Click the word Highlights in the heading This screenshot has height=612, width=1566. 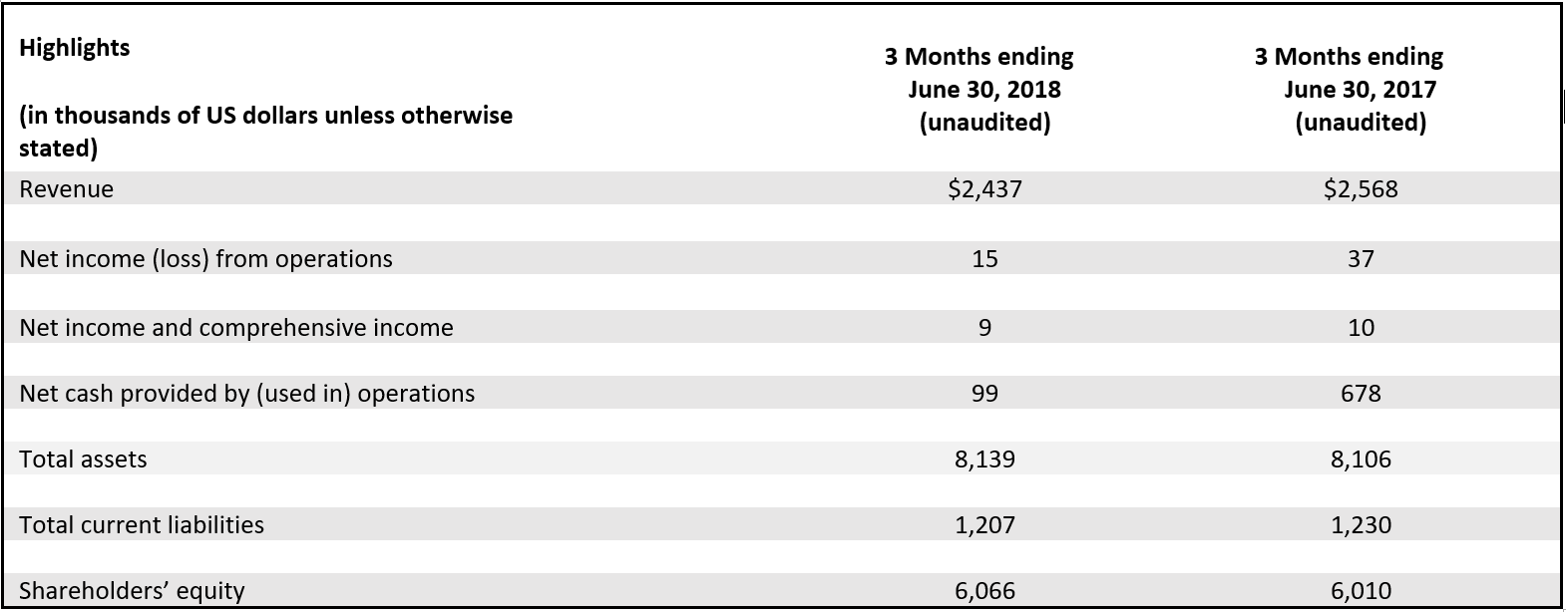coord(75,48)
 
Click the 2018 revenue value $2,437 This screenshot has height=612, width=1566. coord(983,189)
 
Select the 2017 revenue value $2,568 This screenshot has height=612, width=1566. coord(1360,189)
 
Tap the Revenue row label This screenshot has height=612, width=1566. coord(66,189)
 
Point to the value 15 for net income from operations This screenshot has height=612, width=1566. coord(983,259)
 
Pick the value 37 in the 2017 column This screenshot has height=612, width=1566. coord(1360,259)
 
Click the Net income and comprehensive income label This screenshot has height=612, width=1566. coord(235,328)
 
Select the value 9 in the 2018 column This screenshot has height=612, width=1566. coord(983,328)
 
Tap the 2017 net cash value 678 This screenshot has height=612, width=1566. coord(1360,394)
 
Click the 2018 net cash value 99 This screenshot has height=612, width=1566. coord(983,394)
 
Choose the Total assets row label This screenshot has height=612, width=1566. coord(83,459)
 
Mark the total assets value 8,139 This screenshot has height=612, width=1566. coord(983,459)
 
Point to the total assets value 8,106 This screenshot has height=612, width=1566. coord(1360,459)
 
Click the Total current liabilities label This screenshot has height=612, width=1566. coord(142,525)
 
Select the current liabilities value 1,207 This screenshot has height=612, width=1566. coord(983,525)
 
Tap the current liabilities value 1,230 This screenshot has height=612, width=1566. coord(1360,525)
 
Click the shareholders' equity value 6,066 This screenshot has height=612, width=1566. coord(983,591)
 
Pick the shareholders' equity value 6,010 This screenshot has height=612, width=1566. coord(1360,591)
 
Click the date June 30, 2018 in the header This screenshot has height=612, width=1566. coord(983,90)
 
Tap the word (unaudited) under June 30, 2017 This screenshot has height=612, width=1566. coord(1360,123)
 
